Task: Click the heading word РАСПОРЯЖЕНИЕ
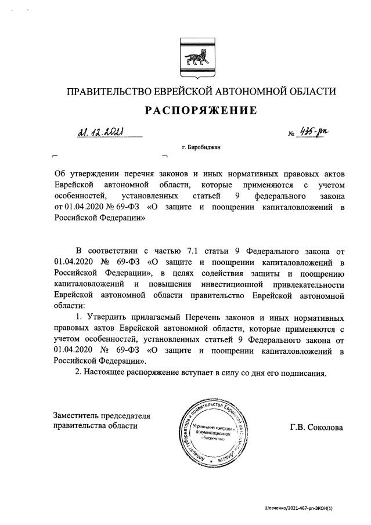click(196, 110)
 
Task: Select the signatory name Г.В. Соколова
click(316, 428)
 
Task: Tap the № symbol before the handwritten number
click(291, 134)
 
